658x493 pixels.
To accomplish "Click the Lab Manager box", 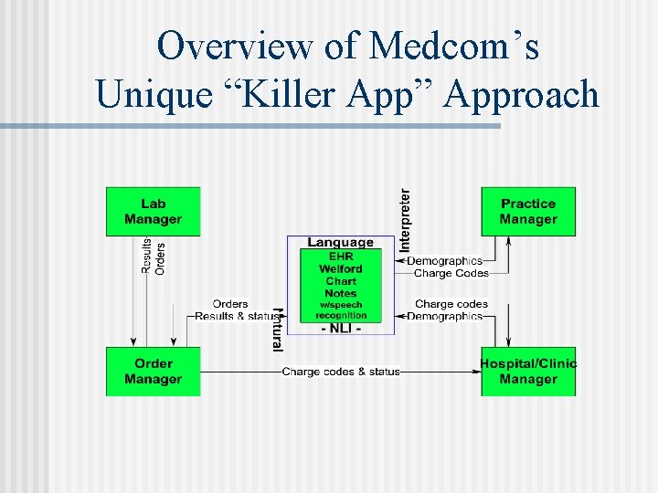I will [153, 212].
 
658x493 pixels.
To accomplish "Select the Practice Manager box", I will [528, 212].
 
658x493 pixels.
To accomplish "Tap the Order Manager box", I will [153, 372].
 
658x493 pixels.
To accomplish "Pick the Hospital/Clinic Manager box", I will [528, 372].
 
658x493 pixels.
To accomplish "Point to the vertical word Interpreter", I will [405, 220].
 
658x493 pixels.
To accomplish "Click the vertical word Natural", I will [278, 329].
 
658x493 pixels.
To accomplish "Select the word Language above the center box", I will [340, 242].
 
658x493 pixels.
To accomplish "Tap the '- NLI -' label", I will [340, 328].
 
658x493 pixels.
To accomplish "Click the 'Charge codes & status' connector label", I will [341, 372].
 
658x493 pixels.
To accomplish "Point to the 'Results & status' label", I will [235, 316].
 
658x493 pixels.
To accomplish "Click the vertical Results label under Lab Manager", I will [146, 256].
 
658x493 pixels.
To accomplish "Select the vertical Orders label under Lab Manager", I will [161, 257].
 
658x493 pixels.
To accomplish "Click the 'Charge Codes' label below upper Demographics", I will [451, 273].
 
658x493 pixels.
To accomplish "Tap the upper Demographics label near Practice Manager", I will [444, 261].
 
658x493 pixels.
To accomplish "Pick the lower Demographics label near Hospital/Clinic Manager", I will [444, 316].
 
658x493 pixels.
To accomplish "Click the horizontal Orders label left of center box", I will [230, 304].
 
